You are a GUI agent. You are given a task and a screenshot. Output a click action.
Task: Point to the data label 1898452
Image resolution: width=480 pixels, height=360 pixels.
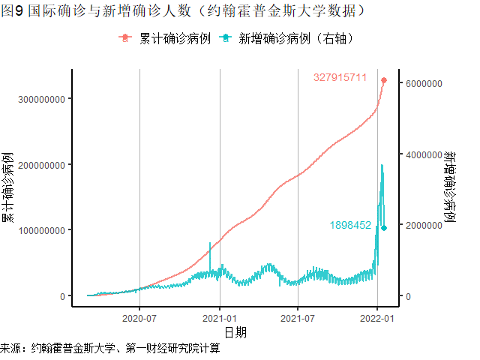(350, 225)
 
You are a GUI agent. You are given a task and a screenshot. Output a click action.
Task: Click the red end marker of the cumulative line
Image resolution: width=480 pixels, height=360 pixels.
(384, 80)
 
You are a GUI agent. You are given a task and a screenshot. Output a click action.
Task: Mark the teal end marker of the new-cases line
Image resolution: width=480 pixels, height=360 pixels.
(384, 228)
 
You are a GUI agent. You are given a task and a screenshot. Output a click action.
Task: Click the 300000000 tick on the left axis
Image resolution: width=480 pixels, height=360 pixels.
(42, 99)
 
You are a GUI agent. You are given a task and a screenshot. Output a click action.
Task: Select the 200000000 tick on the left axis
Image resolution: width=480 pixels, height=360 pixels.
(42, 164)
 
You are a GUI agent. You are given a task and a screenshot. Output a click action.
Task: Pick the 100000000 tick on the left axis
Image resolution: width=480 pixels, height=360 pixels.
(42, 230)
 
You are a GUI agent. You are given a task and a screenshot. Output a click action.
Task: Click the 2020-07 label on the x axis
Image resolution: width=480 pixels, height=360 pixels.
(140, 317)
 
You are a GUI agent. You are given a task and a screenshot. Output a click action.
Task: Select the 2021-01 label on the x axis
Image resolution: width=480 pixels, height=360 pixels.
(219, 317)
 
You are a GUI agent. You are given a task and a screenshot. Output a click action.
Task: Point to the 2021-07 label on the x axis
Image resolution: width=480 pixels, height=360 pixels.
(298, 317)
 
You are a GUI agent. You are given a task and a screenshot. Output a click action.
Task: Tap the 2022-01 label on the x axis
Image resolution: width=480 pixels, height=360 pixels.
(376, 317)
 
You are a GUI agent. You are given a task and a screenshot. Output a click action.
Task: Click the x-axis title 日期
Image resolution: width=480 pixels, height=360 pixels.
(235, 331)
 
